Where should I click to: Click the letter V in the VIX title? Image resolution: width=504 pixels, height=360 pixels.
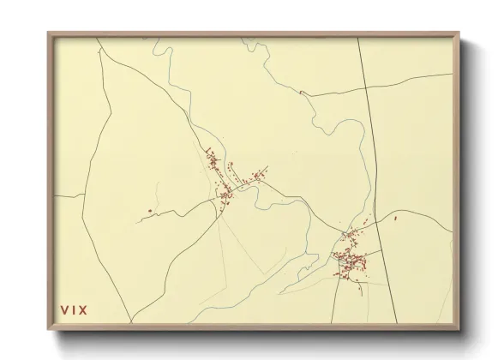pos(63,309)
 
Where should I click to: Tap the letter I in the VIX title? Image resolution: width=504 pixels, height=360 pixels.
pos(74,309)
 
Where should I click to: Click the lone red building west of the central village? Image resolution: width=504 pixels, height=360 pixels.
pos(150,211)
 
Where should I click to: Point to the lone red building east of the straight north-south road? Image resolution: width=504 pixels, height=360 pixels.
pos(395,219)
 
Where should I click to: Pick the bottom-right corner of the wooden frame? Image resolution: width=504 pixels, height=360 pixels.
pos(459,329)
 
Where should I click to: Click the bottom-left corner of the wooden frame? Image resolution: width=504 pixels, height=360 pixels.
pos(49,329)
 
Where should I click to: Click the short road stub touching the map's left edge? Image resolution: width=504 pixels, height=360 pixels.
pos(69,196)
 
